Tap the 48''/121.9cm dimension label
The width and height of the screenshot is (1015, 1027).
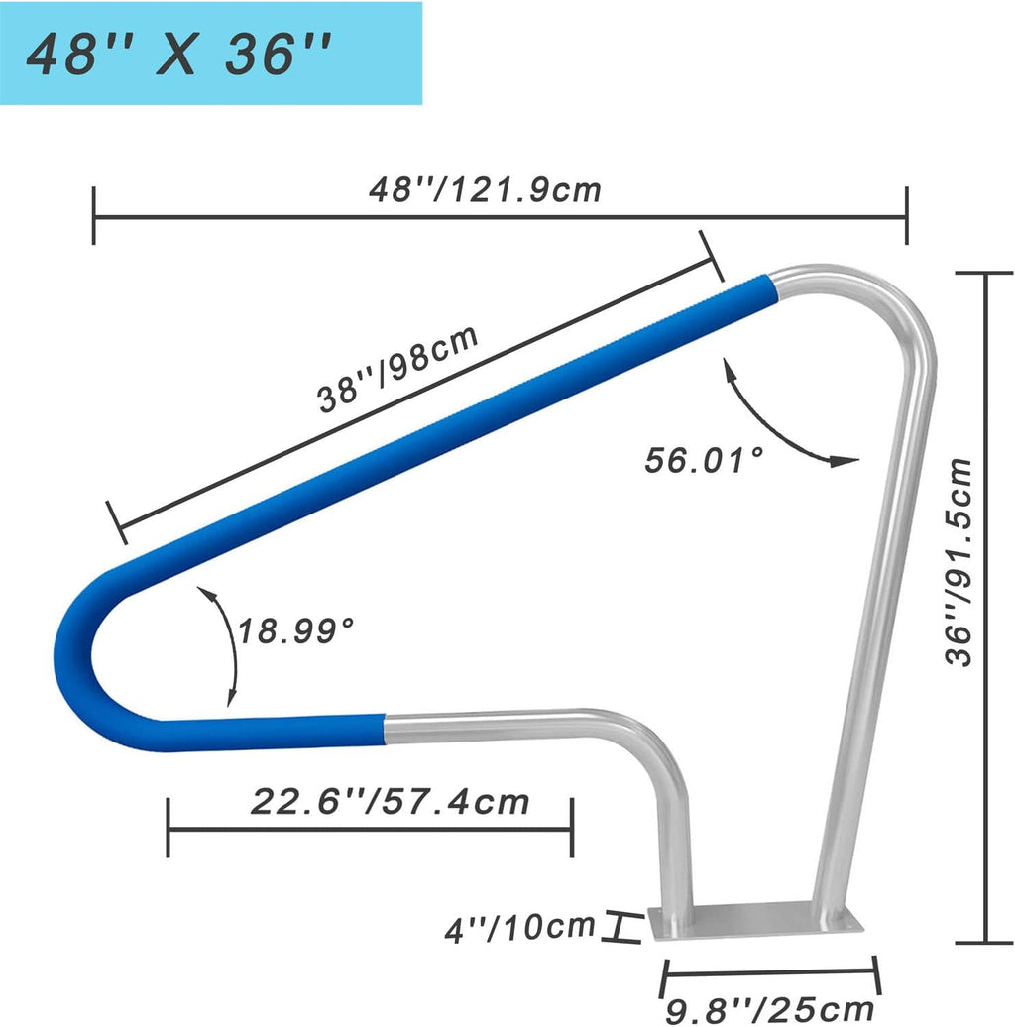click(x=485, y=190)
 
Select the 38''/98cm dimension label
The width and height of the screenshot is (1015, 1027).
click(x=397, y=369)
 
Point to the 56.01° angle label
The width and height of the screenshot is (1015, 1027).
click(x=704, y=459)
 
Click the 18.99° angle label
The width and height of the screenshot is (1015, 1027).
click(x=295, y=630)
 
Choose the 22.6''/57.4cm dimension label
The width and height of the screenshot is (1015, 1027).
click(x=390, y=802)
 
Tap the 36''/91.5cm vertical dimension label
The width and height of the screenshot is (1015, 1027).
click(x=960, y=562)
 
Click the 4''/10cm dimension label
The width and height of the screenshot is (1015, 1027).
click(x=519, y=928)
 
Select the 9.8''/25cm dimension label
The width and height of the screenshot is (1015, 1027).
click(x=769, y=1009)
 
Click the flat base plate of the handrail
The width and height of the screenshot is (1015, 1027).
click(x=755, y=920)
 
